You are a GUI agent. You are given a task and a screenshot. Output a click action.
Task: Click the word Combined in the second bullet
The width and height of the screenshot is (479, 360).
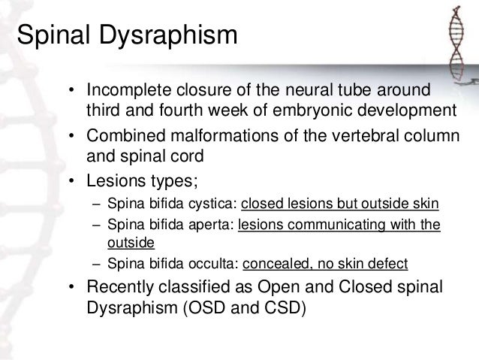123,137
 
